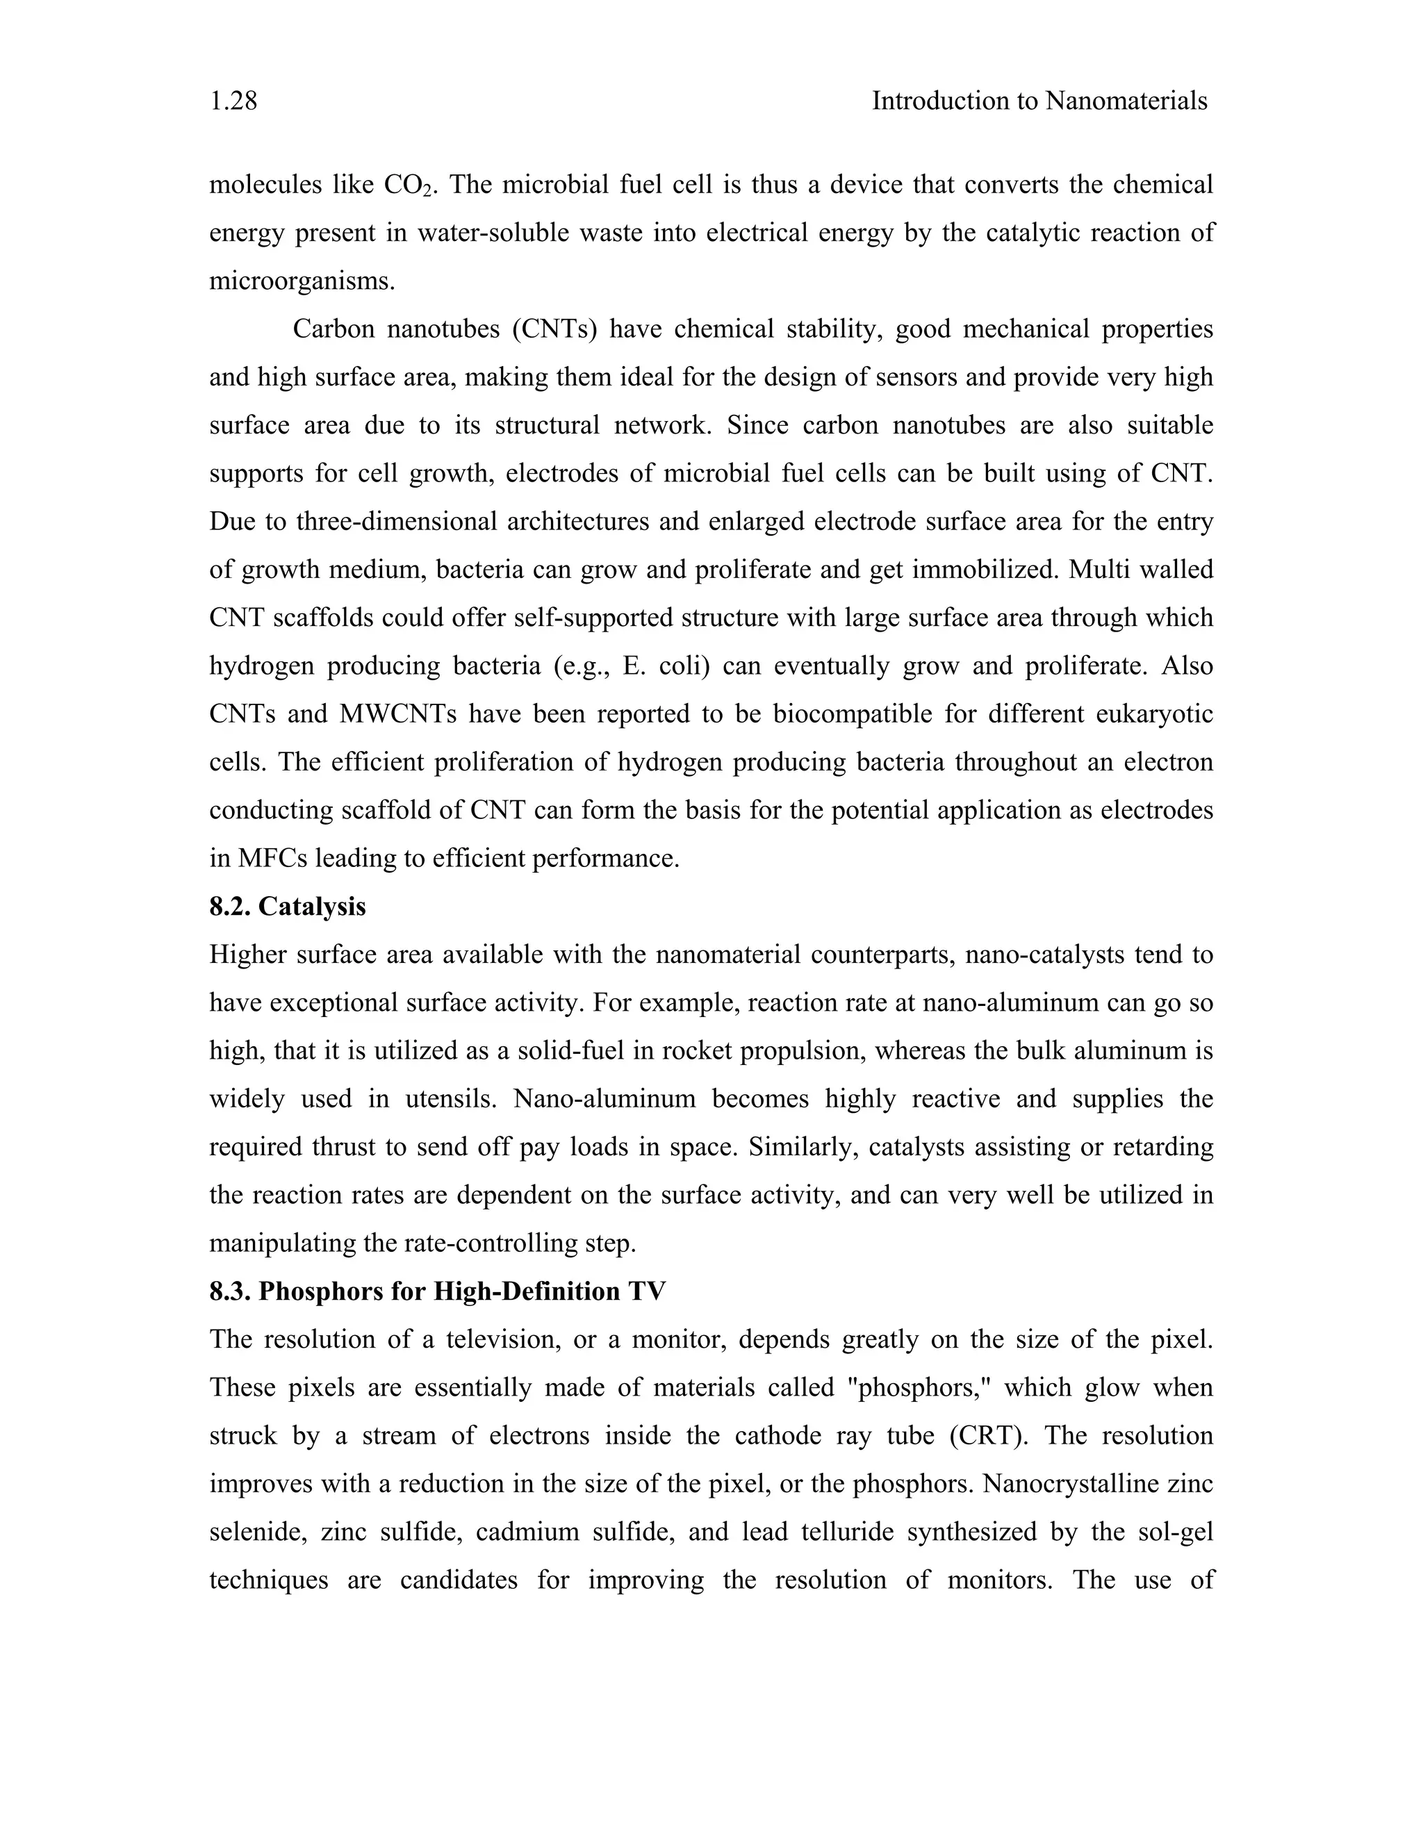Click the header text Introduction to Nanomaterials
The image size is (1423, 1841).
pos(1039,101)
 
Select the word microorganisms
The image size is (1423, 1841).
pos(302,281)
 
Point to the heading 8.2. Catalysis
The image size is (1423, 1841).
pos(288,906)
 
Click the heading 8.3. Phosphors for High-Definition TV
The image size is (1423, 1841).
pos(438,1291)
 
